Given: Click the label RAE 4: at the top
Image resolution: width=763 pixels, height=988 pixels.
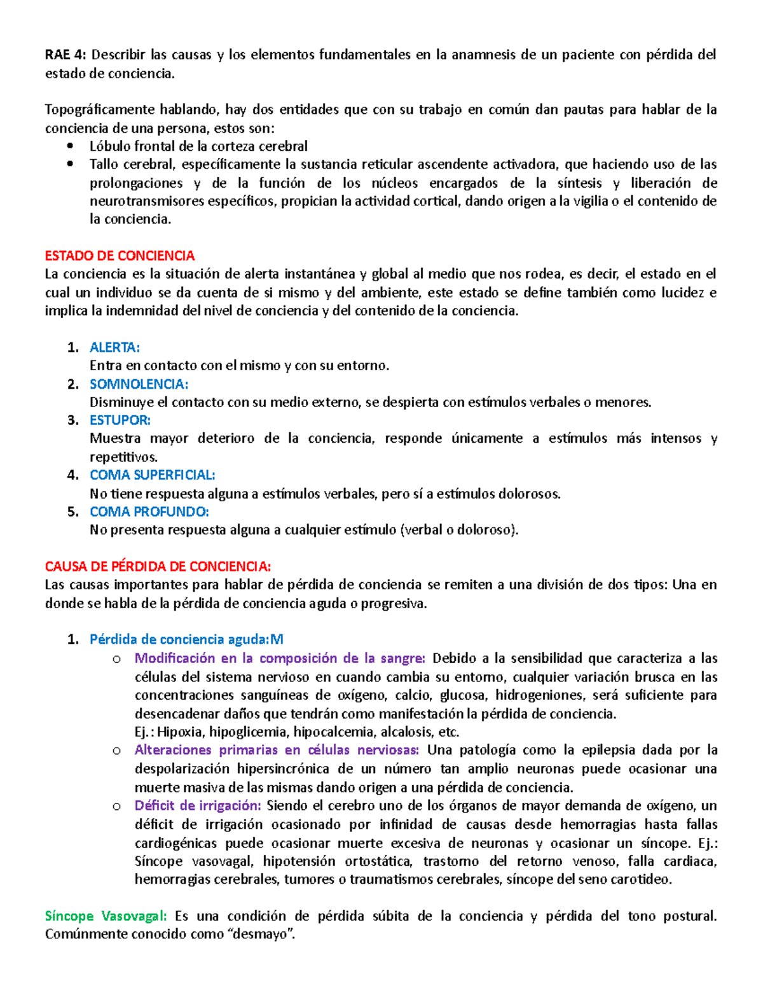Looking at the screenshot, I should coord(65,55).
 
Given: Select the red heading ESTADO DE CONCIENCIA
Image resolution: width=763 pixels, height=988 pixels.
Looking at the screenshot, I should coord(120,256).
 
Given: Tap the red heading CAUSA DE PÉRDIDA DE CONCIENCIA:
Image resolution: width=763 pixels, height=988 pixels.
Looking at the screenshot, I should coord(158,566).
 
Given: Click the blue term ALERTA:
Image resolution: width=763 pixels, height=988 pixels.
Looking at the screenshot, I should coord(114,347).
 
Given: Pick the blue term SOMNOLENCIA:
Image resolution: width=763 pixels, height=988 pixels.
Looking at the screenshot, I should coord(139,384).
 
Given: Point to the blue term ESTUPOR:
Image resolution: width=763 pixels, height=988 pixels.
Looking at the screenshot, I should coord(120,421).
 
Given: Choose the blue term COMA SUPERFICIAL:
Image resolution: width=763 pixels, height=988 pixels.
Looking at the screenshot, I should coord(152,475).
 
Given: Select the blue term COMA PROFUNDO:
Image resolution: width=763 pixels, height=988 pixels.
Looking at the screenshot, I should coord(149,512).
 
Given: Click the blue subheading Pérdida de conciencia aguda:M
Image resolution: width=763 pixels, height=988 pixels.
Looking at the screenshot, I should coord(186,639).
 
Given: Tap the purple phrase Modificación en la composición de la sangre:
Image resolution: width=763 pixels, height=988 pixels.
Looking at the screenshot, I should coord(280,658).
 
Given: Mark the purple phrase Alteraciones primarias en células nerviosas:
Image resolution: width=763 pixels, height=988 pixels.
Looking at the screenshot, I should coord(277,750).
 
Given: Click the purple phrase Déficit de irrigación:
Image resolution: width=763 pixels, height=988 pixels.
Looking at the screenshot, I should coord(198,806).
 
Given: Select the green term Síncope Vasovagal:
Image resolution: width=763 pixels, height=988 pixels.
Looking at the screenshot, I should coord(106,916).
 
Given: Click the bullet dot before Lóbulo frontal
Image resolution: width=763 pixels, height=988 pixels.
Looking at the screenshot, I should coord(71,146).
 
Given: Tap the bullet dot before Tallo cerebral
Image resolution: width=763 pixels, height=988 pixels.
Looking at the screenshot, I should coord(71,165).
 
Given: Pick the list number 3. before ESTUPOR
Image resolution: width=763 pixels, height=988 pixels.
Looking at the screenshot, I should coord(72,421).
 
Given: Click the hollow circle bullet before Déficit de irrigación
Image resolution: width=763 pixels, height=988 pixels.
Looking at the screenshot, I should coord(116,806).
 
